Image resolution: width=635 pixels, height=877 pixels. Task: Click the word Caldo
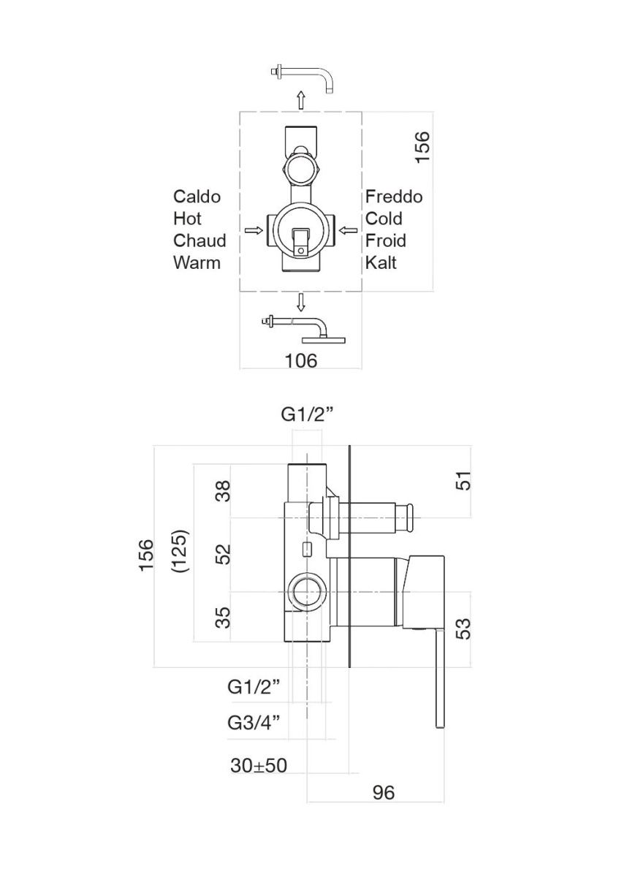click(x=197, y=197)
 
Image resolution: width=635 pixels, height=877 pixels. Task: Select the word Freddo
click(x=394, y=197)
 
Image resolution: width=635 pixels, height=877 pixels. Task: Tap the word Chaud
click(x=199, y=240)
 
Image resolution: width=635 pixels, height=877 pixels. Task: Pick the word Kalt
click(x=381, y=262)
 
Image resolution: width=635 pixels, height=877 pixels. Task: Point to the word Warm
click(x=197, y=262)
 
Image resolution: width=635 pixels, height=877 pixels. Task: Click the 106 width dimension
click(x=300, y=360)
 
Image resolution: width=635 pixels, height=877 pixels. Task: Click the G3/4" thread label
click(x=254, y=723)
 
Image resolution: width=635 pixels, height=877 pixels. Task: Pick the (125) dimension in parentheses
click(x=180, y=551)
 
